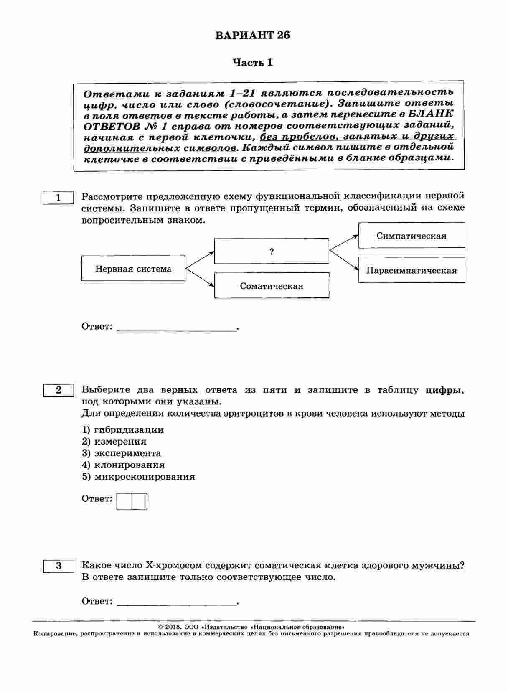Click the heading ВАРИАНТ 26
[253, 36]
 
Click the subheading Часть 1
[253, 63]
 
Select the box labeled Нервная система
[133, 269]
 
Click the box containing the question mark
[272, 252]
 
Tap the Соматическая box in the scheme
[272, 286]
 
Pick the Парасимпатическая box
[411, 270]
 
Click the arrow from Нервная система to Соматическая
[200, 277]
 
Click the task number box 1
[58, 198]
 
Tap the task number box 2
[58, 390]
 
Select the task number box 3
[58, 566]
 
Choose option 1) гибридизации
[123, 430]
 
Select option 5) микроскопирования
[138, 477]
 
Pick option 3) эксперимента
[122, 453]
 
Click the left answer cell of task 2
[124, 501]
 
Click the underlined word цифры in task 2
[444, 390]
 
